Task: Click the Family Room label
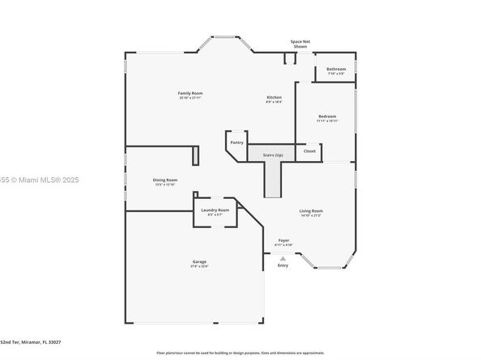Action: [x=190, y=94]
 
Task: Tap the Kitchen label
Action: [x=274, y=97]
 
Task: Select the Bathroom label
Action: [x=336, y=70]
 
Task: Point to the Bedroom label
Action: [x=327, y=116]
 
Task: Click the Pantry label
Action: [x=236, y=142]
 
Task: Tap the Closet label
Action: [x=309, y=151]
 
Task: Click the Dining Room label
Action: [x=165, y=180]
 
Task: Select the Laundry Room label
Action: [x=215, y=210]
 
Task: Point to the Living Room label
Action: [x=311, y=211]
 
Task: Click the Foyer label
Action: [x=283, y=240]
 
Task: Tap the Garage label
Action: [x=198, y=262]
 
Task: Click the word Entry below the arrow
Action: [x=283, y=265]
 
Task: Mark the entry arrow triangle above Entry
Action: [x=283, y=257]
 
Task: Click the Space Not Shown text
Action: [x=300, y=44]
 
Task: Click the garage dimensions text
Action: [x=198, y=267]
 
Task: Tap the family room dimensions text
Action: [x=190, y=99]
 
